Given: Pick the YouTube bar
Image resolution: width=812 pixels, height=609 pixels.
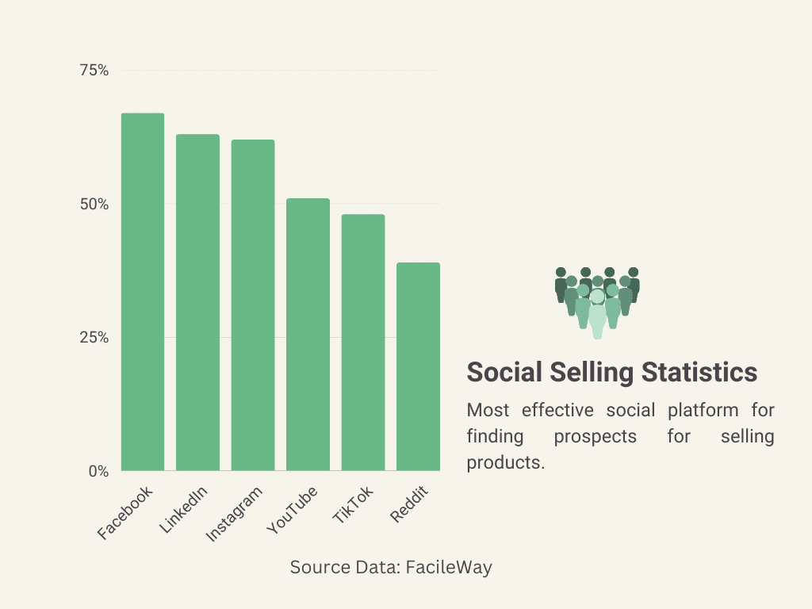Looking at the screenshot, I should [308, 335].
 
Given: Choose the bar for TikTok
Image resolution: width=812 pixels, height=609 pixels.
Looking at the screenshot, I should [363, 343].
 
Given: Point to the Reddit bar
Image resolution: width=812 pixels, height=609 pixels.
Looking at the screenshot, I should [418, 366].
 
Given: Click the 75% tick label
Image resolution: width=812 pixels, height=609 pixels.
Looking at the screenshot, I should [94, 71].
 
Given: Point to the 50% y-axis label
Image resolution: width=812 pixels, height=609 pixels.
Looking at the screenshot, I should [94, 204].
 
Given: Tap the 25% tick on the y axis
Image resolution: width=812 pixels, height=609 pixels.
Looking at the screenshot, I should [94, 338].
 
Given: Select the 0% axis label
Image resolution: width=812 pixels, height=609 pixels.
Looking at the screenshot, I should [98, 471].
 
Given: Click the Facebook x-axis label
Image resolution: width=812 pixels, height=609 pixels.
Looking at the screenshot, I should [125, 513].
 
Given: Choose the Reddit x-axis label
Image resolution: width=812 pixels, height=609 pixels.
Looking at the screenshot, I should [409, 504].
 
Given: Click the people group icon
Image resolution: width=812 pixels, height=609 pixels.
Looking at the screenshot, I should [597, 302].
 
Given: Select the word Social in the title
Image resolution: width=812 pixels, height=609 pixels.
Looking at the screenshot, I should [504, 372].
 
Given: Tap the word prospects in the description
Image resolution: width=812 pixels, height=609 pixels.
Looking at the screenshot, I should [595, 436].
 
